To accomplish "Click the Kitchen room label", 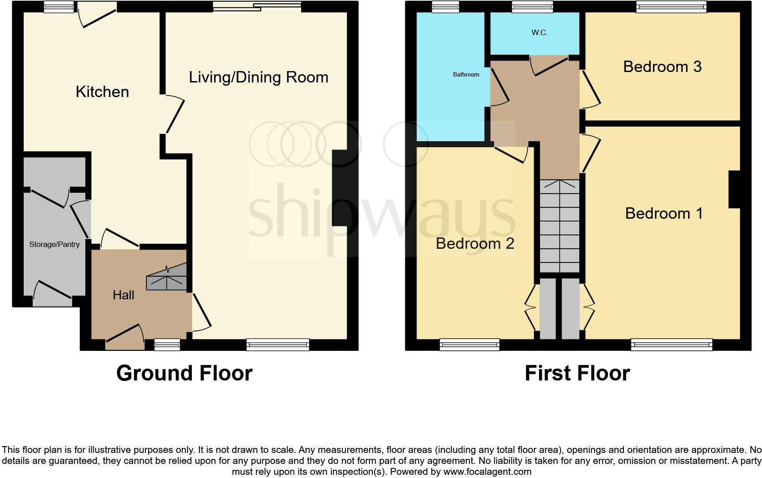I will (x=102, y=92).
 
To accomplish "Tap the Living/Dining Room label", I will (x=258, y=77).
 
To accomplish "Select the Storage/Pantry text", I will (x=54, y=244).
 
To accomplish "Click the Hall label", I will (x=123, y=295).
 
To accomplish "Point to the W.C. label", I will (x=539, y=33).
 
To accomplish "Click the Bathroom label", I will (x=466, y=74).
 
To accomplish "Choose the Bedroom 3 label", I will (x=662, y=67).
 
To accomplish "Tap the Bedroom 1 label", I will (x=664, y=213).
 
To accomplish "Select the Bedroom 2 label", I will (x=475, y=243).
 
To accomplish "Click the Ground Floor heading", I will (x=184, y=373).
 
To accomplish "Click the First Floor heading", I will (x=577, y=373).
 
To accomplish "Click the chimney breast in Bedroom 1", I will (x=734, y=189).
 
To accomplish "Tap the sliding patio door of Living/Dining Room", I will (x=257, y=6).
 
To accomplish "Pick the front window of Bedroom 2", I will (x=469, y=345).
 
